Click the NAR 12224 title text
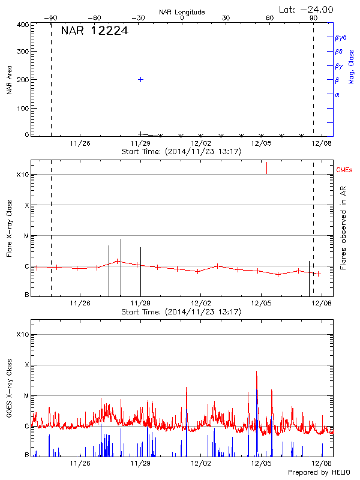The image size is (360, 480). click(x=94, y=31)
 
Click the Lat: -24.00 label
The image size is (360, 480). click(x=307, y=9)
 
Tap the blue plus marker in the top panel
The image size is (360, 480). click(x=140, y=79)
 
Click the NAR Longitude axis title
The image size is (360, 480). click(x=182, y=12)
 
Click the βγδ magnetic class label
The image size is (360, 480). click(x=341, y=37)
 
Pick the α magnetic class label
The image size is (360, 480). click(x=337, y=94)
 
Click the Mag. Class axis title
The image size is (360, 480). click(x=352, y=66)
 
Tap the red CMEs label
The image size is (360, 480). click(x=345, y=170)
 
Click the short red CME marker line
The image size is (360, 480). click(x=266, y=168)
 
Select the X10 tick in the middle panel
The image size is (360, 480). click(x=22, y=175)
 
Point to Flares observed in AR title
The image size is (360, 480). click(x=343, y=229)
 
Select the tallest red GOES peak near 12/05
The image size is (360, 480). click(x=256, y=372)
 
